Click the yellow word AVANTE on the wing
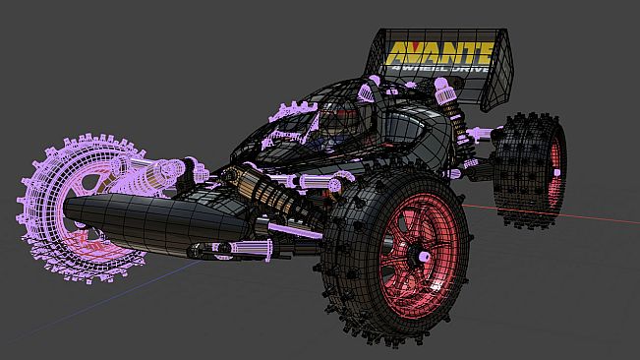coord(438,53)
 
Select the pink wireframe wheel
coord(82,209)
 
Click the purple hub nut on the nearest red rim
coord(424,257)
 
